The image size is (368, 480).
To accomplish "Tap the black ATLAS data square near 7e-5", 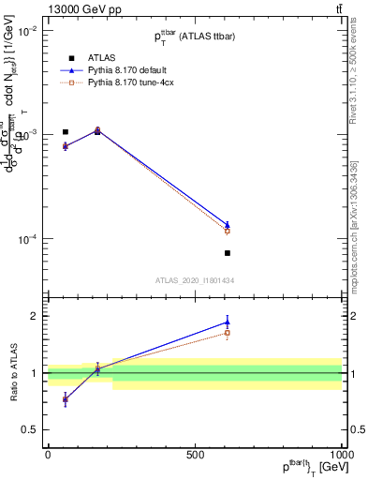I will coord(228,253).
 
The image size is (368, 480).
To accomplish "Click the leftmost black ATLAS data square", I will coord(65,132).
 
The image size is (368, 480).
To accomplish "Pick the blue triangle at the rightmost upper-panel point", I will coord(228,224).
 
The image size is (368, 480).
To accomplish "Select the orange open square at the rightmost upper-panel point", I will coord(228,231).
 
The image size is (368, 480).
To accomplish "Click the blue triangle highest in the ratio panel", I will coord(228,322).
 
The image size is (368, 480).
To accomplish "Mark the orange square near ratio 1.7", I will coord(228,333).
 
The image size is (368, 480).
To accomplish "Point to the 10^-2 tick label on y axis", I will coord(26,30).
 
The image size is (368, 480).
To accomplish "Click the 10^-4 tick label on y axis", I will coord(26,240).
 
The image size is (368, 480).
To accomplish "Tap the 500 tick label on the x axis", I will coord(195,454).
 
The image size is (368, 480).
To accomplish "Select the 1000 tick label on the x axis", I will coord(341,454).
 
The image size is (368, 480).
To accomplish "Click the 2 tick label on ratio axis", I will coord(34,316).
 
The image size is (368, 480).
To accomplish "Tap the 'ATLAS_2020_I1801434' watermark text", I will coord(195,280).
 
